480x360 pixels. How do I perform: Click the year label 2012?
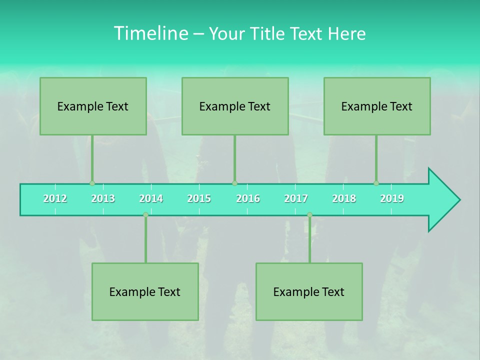pos(55,198)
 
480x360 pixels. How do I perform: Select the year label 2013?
pos(103,198)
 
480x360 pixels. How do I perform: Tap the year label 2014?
pos(151,198)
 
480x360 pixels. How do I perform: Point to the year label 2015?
pos(199,198)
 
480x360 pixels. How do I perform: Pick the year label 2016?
pos(248,198)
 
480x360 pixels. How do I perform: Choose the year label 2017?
pos(296,198)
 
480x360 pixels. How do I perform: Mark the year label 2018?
pos(344,198)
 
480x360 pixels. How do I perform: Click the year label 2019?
pos(392,198)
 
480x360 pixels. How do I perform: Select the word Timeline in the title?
pos(150,33)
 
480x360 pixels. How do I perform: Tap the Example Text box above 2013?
pos(93,106)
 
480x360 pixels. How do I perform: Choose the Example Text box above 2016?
pos(235,106)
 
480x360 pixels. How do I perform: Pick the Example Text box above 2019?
pos(377,106)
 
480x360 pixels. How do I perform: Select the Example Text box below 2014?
pos(145,291)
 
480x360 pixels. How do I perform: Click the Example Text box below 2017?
pos(309,291)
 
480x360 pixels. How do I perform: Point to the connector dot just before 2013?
pos(92,183)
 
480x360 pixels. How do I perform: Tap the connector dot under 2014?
pos(145,215)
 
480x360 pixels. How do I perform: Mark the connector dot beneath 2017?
pos(309,215)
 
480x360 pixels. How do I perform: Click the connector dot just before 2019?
pos(376,183)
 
